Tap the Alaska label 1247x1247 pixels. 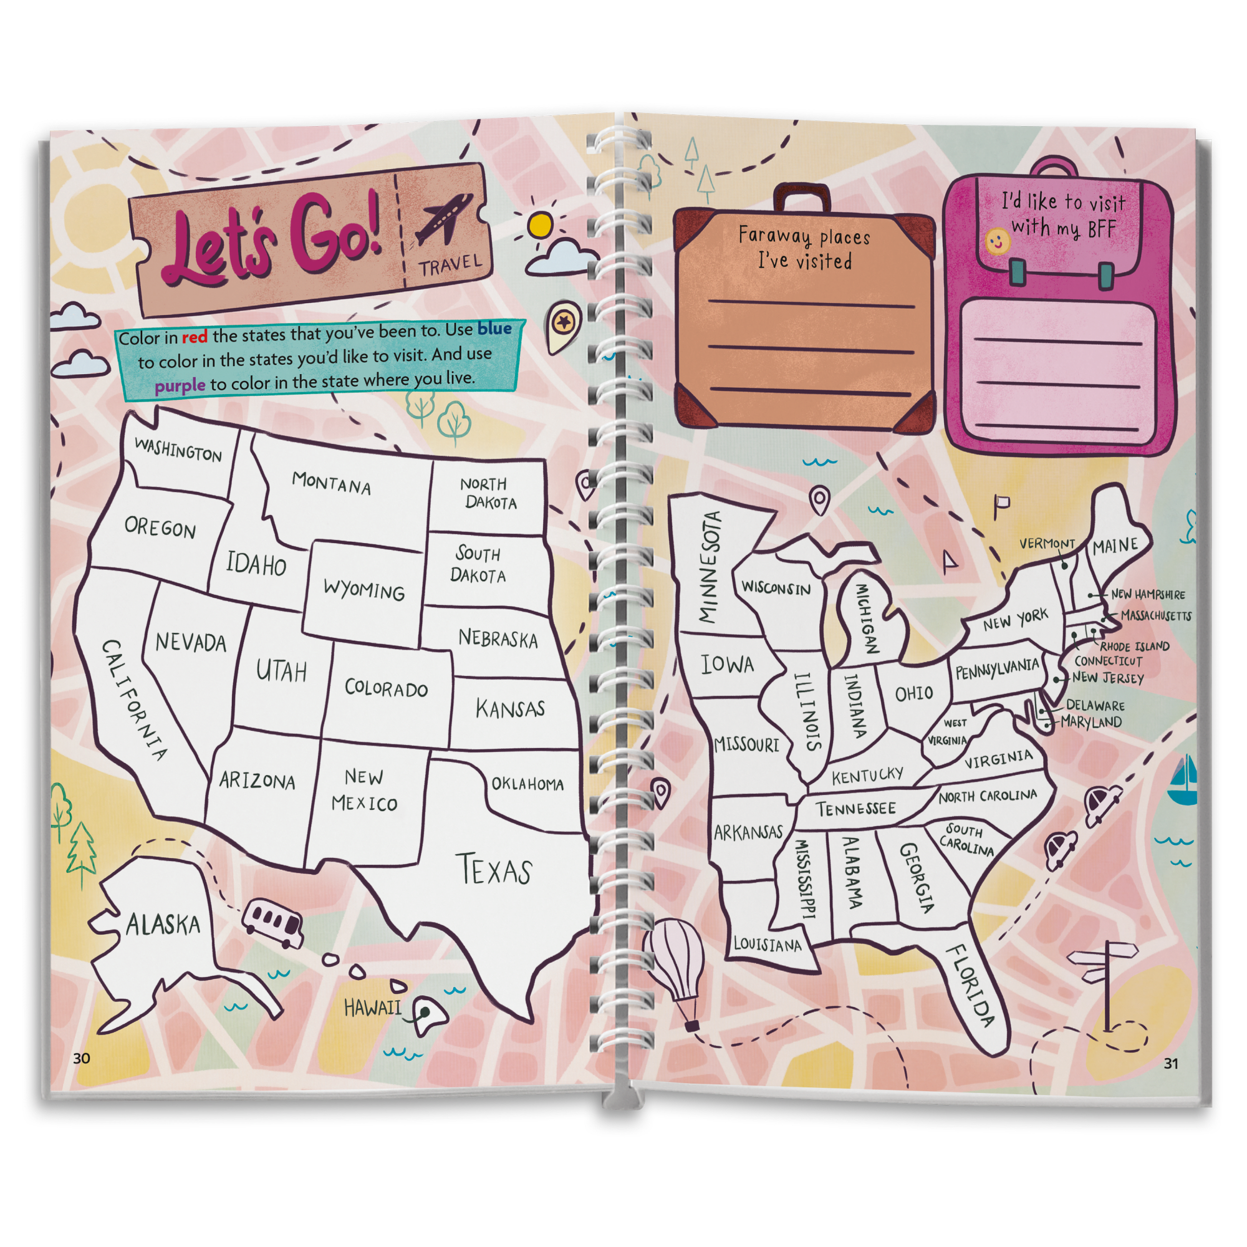[x=163, y=924]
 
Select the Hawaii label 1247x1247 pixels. [x=372, y=1008]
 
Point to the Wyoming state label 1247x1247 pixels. [x=364, y=589]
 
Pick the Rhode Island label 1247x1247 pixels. [x=1135, y=646]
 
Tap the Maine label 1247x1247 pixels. [x=1115, y=546]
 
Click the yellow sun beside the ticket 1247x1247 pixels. [x=539, y=224]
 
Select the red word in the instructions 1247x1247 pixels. [x=195, y=337]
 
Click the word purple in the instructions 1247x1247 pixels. [x=180, y=386]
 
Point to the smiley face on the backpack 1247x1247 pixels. [x=996, y=242]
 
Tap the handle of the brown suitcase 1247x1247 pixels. [x=802, y=196]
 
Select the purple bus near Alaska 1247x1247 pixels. [x=272, y=920]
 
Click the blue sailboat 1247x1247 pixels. [x=1185, y=782]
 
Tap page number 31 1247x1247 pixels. [x=1171, y=1063]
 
